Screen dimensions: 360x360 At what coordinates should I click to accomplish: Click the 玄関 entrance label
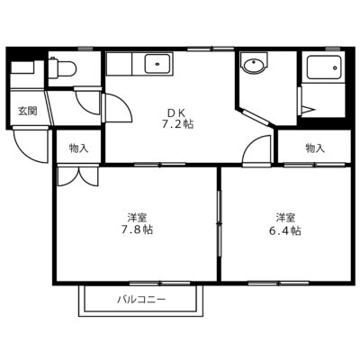point(27,111)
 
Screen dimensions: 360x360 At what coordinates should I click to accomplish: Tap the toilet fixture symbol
point(62,67)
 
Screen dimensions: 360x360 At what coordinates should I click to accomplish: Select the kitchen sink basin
point(157,64)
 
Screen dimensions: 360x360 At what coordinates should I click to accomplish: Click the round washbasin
point(254,64)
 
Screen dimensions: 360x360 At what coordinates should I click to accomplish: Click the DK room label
point(176,112)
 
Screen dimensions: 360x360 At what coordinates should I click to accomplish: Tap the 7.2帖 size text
point(177,124)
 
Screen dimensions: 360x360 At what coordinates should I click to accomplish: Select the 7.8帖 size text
point(137,229)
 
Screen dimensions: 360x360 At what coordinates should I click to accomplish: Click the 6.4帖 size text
point(285,230)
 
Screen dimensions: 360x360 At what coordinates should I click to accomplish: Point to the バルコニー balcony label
point(141,300)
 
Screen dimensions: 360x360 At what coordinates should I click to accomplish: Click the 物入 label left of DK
point(78,148)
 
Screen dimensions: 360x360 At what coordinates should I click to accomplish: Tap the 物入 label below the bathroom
point(315,148)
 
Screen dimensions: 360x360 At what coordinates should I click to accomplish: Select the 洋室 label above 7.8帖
point(137,217)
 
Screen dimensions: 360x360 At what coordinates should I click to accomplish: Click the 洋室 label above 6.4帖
point(285,217)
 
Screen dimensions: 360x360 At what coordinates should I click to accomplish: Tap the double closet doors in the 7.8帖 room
point(78,176)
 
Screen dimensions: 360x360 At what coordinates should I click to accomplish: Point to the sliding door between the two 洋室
point(220,224)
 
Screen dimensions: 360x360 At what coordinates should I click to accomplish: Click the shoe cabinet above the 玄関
point(22,67)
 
